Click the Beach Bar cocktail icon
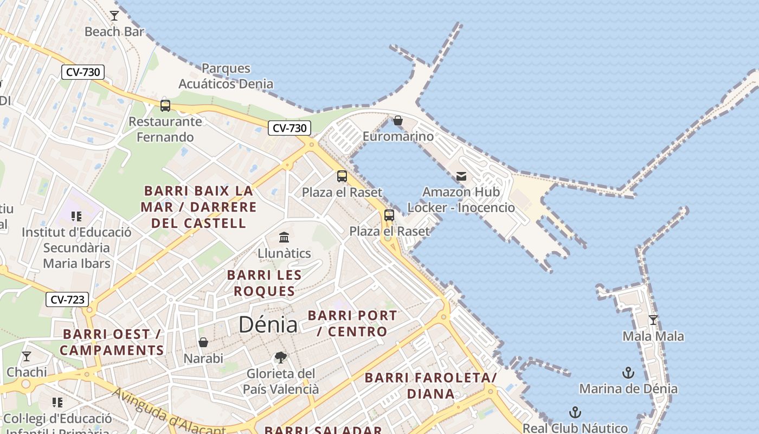(114, 15)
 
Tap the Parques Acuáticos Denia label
(226, 76)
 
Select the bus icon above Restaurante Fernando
(165, 105)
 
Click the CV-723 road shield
(67, 299)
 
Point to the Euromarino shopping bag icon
(398, 120)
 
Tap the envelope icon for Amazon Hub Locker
(461, 176)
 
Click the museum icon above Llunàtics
(284, 237)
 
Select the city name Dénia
(268, 324)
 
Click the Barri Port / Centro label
(352, 323)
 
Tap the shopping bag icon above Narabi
(203, 342)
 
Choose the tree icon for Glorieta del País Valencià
(280, 357)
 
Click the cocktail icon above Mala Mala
(653, 320)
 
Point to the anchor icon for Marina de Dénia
(628, 373)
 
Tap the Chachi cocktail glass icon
(26, 356)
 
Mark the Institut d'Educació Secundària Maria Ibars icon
(76, 216)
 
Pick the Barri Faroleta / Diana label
(430, 386)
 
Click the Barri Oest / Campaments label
(112, 342)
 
